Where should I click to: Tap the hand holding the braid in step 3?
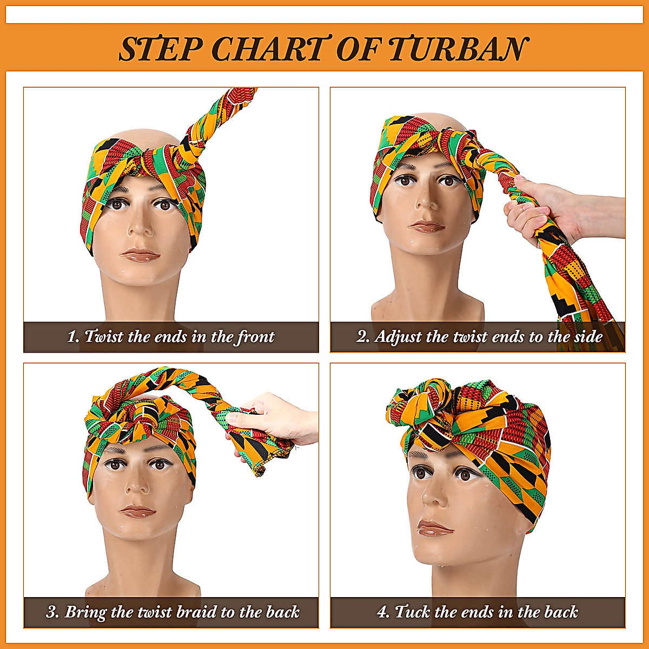pos(270,416)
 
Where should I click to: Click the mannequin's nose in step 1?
pos(142,227)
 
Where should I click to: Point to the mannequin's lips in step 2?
pos(427,226)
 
